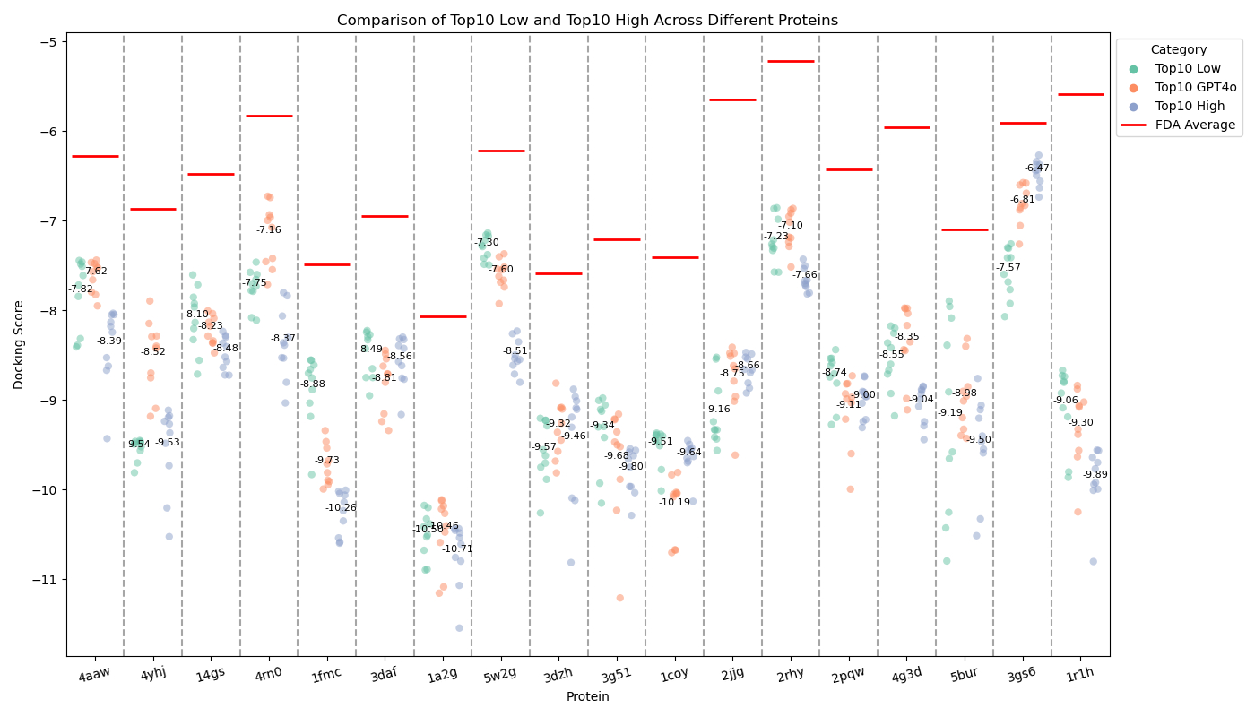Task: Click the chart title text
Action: [587, 20]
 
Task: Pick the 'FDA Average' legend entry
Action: [1195, 125]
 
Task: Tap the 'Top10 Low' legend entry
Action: [1189, 68]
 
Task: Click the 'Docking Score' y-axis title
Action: [19, 344]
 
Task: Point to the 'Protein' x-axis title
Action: [587, 697]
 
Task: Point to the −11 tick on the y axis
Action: [48, 580]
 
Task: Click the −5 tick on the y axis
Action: [48, 42]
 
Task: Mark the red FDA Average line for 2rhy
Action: [791, 61]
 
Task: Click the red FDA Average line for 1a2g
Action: [443, 316]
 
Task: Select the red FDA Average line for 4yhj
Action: [152, 209]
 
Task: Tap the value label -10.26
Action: [341, 507]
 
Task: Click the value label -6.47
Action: [1037, 168]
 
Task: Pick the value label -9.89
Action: [1095, 474]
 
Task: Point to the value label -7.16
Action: [268, 229]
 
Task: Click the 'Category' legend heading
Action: [1179, 50]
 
